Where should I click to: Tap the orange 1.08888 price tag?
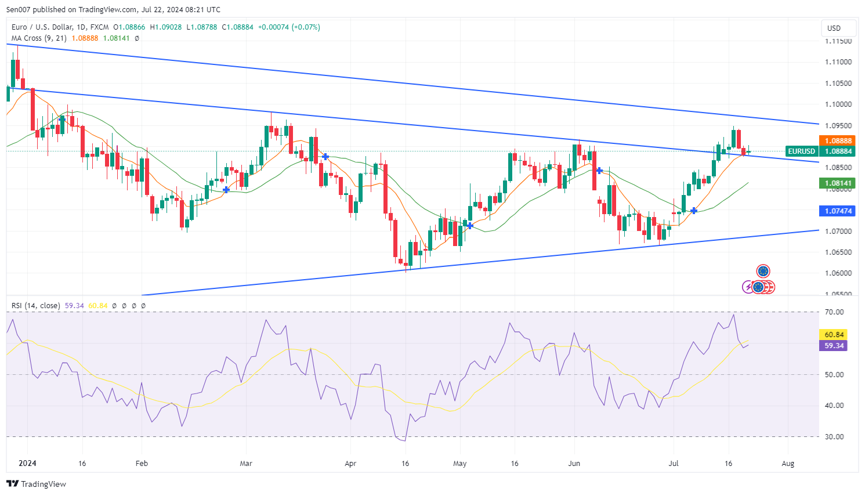[838, 140]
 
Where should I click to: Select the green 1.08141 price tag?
[838, 183]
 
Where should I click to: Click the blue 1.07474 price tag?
[838, 211]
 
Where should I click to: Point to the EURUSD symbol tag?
[801, 151]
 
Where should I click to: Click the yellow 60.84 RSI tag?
[834, 335]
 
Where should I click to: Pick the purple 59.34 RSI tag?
[834, 346]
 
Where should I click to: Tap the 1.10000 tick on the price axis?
[838, 104]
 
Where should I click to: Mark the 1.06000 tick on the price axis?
[838, 273]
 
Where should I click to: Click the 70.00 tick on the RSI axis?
[834, 312]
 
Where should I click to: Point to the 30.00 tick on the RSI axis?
[834, 437]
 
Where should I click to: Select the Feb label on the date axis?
[142, 464]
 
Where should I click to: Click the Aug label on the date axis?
[788, 464]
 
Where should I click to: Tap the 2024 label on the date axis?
[27, 463]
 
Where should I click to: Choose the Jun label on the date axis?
[574, 464]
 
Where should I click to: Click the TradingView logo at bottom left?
[36, 484]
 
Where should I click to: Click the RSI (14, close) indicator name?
[35, 306]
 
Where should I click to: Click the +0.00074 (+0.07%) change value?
[289, 27]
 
